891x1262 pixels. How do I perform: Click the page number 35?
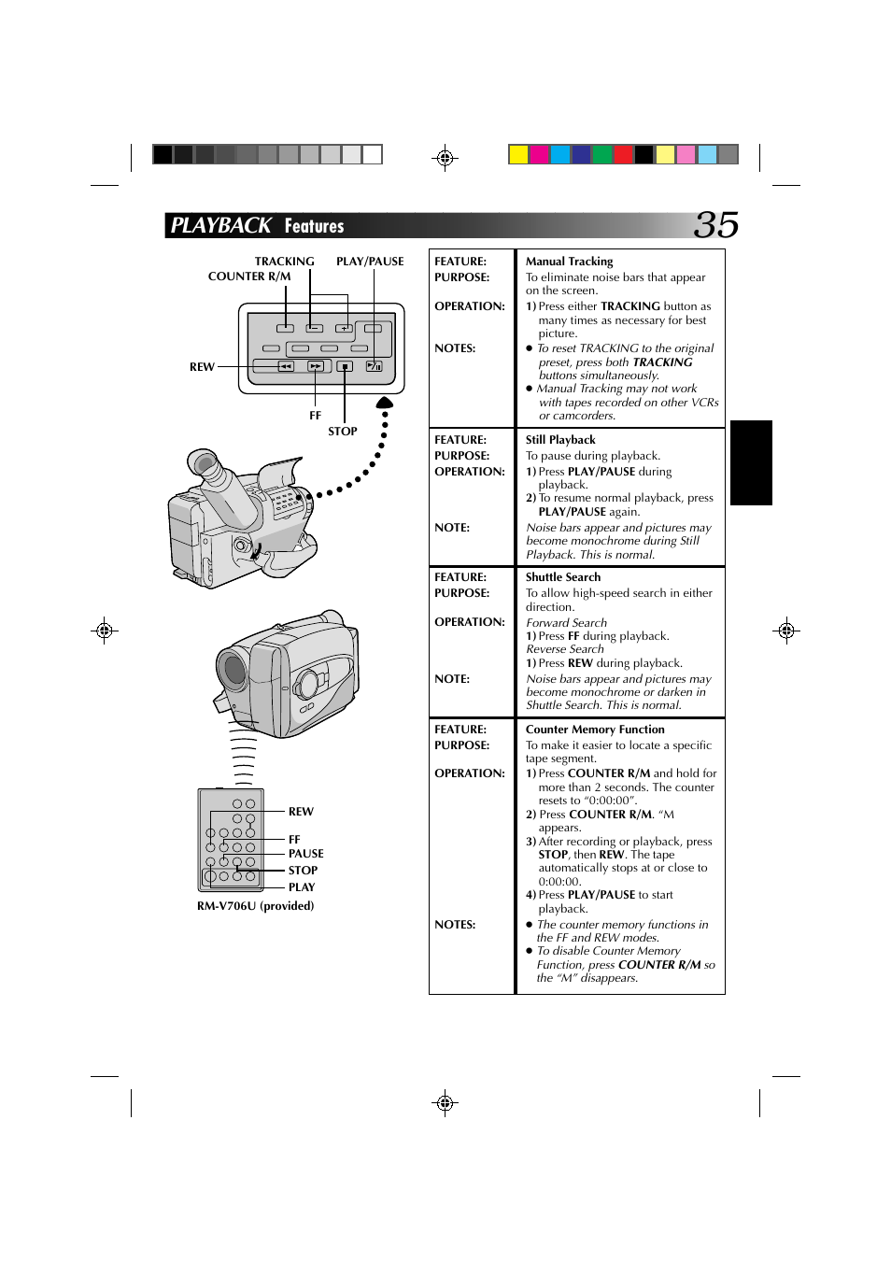pyautogui.click(x=716, y=225)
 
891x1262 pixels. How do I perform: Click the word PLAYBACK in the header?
pyautogui.click(x=220, y=226)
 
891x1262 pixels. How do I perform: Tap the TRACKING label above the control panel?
pyautogui.click(x=284, y=262)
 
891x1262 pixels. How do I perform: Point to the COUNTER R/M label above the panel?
pyautogui.click(x=249, y=277)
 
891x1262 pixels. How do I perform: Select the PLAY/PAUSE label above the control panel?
pyautogui.click(x=370, y=262)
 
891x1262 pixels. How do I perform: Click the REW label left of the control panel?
pyautogui.click(x=202, y=367)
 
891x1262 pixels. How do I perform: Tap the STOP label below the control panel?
pyautogui.click(x=342, y=432)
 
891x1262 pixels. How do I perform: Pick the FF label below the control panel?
pyautogui.click(x=315, y=416)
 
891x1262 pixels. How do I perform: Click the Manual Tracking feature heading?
pyautogui.click(x=569, y=262)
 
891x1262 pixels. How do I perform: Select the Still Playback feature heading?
pyautogui.click(x=560, y=440)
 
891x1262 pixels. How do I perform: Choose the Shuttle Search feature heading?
pyautogui.click(x=563, y=577)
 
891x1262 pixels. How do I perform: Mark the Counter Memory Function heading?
pyautogui.click(x=595, y=730)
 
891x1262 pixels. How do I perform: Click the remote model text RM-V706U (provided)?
pyautogui.click(x=255, y=906)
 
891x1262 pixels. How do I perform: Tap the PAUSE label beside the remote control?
pyautogui.click(x=305, y=854)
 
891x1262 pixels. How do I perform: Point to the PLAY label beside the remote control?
pyautogui.click(x=301, y=887)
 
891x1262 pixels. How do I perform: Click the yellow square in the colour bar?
pyautogui.click(x=518, y=154)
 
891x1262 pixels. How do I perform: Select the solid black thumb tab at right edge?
pyautogui.click(x=751, y=462)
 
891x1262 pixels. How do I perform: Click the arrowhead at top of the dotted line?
pyautogui.click(x=384, y=404)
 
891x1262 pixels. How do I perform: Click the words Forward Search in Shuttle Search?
pyautogui.click(x=566, y=623)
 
